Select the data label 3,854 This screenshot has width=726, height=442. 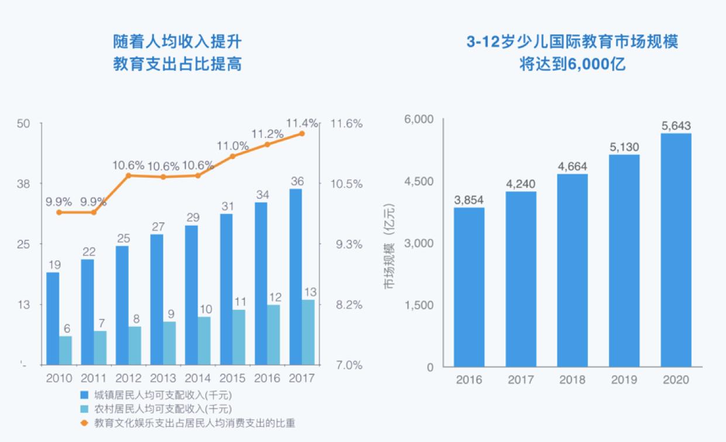coord(469,199)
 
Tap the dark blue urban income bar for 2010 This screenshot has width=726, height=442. coord(53,318)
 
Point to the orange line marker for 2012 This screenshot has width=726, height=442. coord(129,175)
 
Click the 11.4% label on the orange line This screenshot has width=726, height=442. coord(302,123)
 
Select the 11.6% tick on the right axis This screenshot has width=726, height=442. coord(346,124)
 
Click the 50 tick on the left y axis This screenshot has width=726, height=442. coord(23,124)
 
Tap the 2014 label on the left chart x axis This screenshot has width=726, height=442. coord(198,378)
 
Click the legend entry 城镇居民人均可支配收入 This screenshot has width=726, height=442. coord(161,393)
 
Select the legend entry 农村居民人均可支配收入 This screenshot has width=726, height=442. coord(161,408)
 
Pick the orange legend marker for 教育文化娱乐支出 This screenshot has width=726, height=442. coord(84,422)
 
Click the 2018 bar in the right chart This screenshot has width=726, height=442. coord(572,270)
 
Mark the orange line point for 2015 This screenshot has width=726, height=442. coord(232,156)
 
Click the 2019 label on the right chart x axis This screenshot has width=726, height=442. coord(624,380)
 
